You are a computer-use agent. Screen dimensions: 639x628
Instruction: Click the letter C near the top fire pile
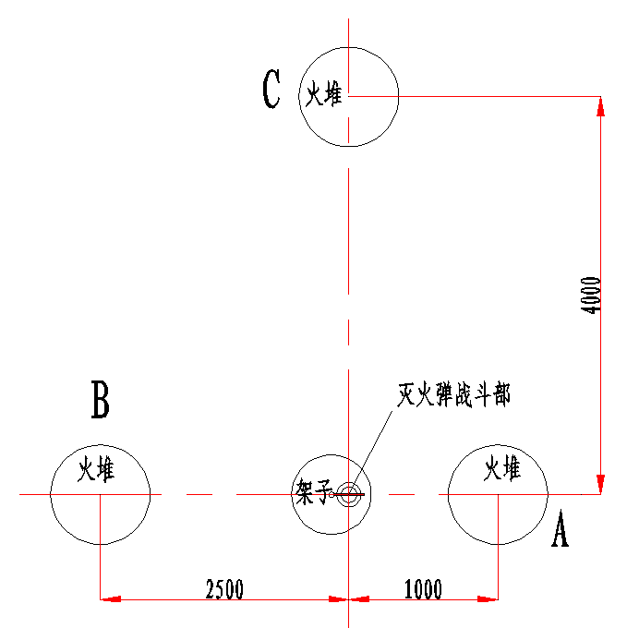click(x=271, y=89)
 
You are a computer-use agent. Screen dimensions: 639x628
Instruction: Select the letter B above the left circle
click(x=101, y=400)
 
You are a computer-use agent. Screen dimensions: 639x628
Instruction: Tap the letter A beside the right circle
click(x=561, y=528)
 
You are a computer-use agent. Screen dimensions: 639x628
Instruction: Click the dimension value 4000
click(x=590, y=295)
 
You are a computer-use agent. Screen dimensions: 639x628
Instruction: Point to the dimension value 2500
click(x=224, y=589)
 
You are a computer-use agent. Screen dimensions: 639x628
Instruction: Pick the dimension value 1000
click(x=423, y=589)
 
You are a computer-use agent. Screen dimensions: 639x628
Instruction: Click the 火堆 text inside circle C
click(x=324, y=93)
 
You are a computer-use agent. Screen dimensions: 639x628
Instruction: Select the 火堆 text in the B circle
click(x=96, y=469)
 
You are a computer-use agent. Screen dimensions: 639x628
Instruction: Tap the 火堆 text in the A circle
click(x=502, y=468)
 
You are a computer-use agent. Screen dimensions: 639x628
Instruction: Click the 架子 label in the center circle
click(x=313, y=492)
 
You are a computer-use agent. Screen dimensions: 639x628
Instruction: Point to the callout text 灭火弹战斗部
click(x=454, y=395)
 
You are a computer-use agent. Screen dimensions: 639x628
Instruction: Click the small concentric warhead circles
click(x=349, y=494)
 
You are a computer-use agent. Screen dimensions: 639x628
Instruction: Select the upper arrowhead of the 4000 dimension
click(x=600, y=107)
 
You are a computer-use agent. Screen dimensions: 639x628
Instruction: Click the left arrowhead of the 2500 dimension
click(x=111, y=599)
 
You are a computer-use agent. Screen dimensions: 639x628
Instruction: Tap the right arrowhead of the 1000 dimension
click(x=488, y=599)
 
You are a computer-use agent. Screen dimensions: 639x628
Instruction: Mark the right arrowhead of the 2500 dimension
click(x=338, y=599)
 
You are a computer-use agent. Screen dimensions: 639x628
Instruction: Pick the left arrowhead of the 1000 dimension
click(x=359, y=599)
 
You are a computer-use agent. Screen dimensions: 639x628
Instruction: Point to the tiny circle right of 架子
click(x=332, y=495)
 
